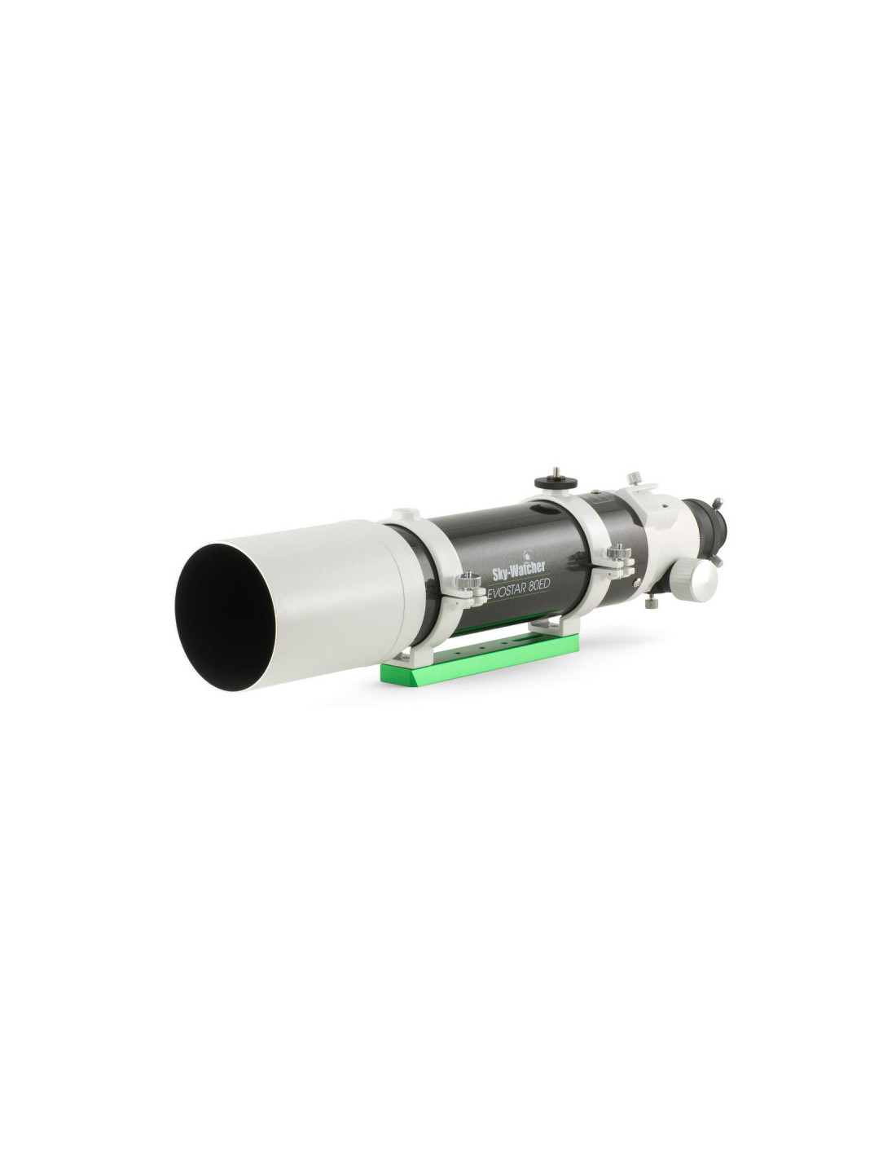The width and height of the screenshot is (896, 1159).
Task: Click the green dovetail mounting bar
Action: (474, 658)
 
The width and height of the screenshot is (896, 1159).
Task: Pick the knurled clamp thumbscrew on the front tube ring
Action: (468, 578)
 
